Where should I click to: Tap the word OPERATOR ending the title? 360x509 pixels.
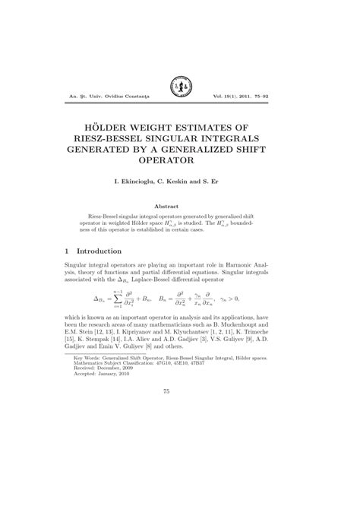[180, 160]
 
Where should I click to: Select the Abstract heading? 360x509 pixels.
[180, 206]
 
